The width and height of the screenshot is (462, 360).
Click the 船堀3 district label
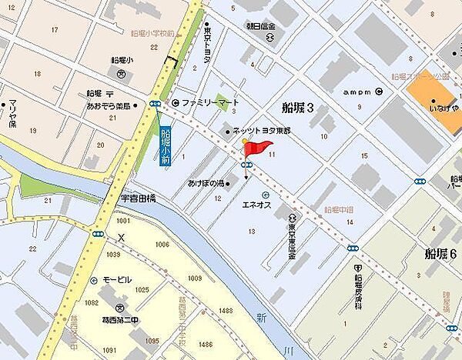click(297, 108)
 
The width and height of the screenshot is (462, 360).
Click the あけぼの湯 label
click(204, 183)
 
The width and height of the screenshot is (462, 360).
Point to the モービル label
click(117, 280)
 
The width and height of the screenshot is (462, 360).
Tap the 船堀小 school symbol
click(122, 74)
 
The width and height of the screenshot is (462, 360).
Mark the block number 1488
click(225, 309)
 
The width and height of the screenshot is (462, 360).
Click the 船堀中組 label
click(338, 210)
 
